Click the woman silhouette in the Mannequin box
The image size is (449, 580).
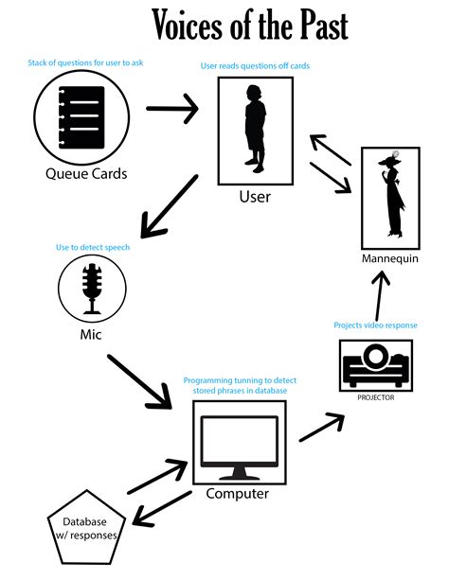click(390, 195)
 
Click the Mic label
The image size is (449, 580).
click(92, 334)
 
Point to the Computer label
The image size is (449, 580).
click(238, 493)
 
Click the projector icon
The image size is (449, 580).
click(376, 366)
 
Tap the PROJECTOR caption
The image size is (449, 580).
click(376, 397)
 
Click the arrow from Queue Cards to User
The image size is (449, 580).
click(172, 108)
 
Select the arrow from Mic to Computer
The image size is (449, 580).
click(143, 382)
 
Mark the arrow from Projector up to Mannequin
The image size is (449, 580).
click(380, 298)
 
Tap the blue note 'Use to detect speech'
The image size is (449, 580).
click(99, 247)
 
